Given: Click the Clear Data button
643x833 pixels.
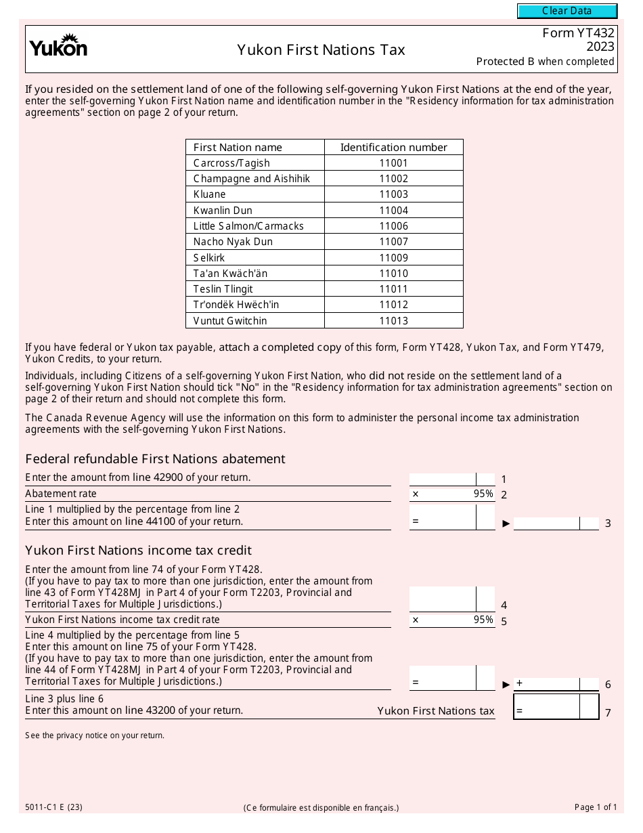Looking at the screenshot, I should [x=567, y=11].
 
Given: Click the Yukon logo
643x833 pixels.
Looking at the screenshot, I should [x=58, y=46].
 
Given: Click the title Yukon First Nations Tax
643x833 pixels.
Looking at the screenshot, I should [x=321, y=50].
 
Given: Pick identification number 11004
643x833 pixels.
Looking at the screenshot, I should [x=393, y=210].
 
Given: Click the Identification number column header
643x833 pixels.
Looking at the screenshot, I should [x=393, y=147].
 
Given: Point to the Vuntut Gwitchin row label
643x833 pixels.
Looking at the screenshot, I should [x=230, y=320].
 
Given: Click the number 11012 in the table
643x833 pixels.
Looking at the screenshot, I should [x=393, y=305].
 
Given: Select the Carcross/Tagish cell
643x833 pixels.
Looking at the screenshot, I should [x=231, y=163].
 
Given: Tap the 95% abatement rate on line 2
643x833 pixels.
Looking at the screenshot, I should [x=483, y=494].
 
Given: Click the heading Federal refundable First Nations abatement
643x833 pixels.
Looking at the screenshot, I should [x=155, y=459].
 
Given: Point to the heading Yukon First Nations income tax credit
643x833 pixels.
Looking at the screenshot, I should [x=138, y=551].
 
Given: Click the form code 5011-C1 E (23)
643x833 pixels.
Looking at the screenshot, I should [x=54, y=807].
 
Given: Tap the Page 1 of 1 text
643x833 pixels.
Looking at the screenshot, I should [x=596, y=807].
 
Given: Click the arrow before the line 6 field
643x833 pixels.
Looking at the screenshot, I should [x=506, y=684].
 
